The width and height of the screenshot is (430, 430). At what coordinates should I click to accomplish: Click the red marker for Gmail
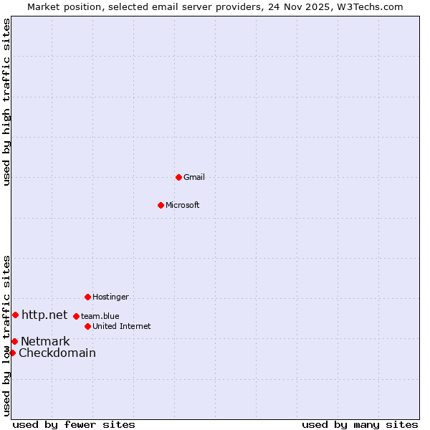pyautogui.click(x=178, y=177)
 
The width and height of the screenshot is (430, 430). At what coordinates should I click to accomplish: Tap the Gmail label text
pyautogui.click(x=193, y=177)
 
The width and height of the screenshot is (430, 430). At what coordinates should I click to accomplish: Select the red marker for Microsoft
pyautogui.click(x=161, y=205)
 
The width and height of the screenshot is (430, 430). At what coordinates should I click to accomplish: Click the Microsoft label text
pyautogui.click(x=182, y=205)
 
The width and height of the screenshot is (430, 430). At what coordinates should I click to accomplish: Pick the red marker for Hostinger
pyautogui.click(x=87, y=297)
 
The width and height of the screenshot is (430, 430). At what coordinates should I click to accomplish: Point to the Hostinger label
pyautogui.click(x=110, y=297)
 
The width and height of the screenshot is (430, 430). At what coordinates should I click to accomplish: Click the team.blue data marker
pyautogui.click(x=76, y=316)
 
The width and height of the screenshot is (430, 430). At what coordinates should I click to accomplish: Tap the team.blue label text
pyautogui.click(x=100, y=316)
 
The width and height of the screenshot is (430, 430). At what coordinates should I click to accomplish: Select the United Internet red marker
pyautogui.click(x=87, y=326)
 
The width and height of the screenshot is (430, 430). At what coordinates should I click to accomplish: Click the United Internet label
pyautogui.click(x=121, y=326)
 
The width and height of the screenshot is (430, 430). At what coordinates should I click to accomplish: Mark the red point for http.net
pyautogui.click(x=15, y=315)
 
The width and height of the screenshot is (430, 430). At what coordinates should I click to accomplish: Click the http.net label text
pyautogui.click(x=44, y=315)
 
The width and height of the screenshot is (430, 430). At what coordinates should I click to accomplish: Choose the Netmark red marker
pyautogui.click(x=14, y=341)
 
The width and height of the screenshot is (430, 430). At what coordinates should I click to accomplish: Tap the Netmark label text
pyautogui.click(x=45, y=341)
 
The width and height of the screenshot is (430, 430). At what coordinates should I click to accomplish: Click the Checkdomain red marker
pyautogui.click(x=12, y=353)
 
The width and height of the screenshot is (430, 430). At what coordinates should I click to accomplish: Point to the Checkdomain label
pyautogui.click(x=57, y=353)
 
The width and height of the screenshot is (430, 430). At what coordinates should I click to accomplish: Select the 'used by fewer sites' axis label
pyautogui.click(x=74, y=424)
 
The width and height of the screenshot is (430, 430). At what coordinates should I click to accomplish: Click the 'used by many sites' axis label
pyautogui.click(x=360, y=424)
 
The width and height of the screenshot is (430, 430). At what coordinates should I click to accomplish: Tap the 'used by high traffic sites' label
pyautogui.click(x=6, y=102)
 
